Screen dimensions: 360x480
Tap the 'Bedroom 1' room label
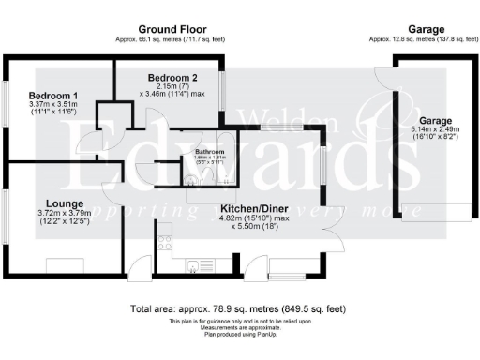(x=53, y=96)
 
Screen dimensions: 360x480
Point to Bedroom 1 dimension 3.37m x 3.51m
(x=53, y=106)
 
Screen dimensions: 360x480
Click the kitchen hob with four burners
(x=165, y=242)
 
